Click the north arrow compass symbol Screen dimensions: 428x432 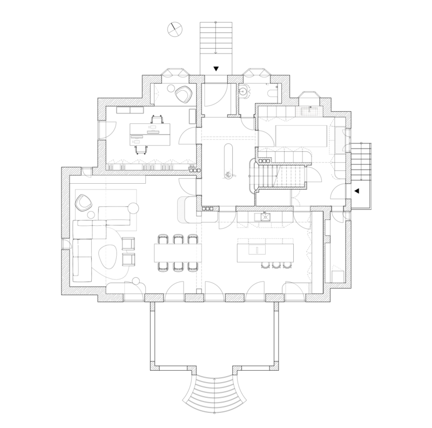coord(174,29)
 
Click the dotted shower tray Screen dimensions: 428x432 coord(309,111)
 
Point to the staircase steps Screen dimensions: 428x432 coord(277,176)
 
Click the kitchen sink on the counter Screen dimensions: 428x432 coord(265,217)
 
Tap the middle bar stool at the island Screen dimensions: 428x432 coord(276,265)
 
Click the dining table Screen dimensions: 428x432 coord(177,252)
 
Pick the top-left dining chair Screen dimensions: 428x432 coord(163,239)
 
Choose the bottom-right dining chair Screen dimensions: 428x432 coord(193,266)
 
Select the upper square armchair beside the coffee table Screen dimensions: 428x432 coord(129,244)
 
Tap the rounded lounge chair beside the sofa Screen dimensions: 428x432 coord(84,203)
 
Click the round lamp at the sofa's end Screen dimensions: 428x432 coord(133,208)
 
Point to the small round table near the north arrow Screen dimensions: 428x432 coord(171,88)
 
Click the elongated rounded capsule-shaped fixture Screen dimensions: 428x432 coord(228,161)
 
